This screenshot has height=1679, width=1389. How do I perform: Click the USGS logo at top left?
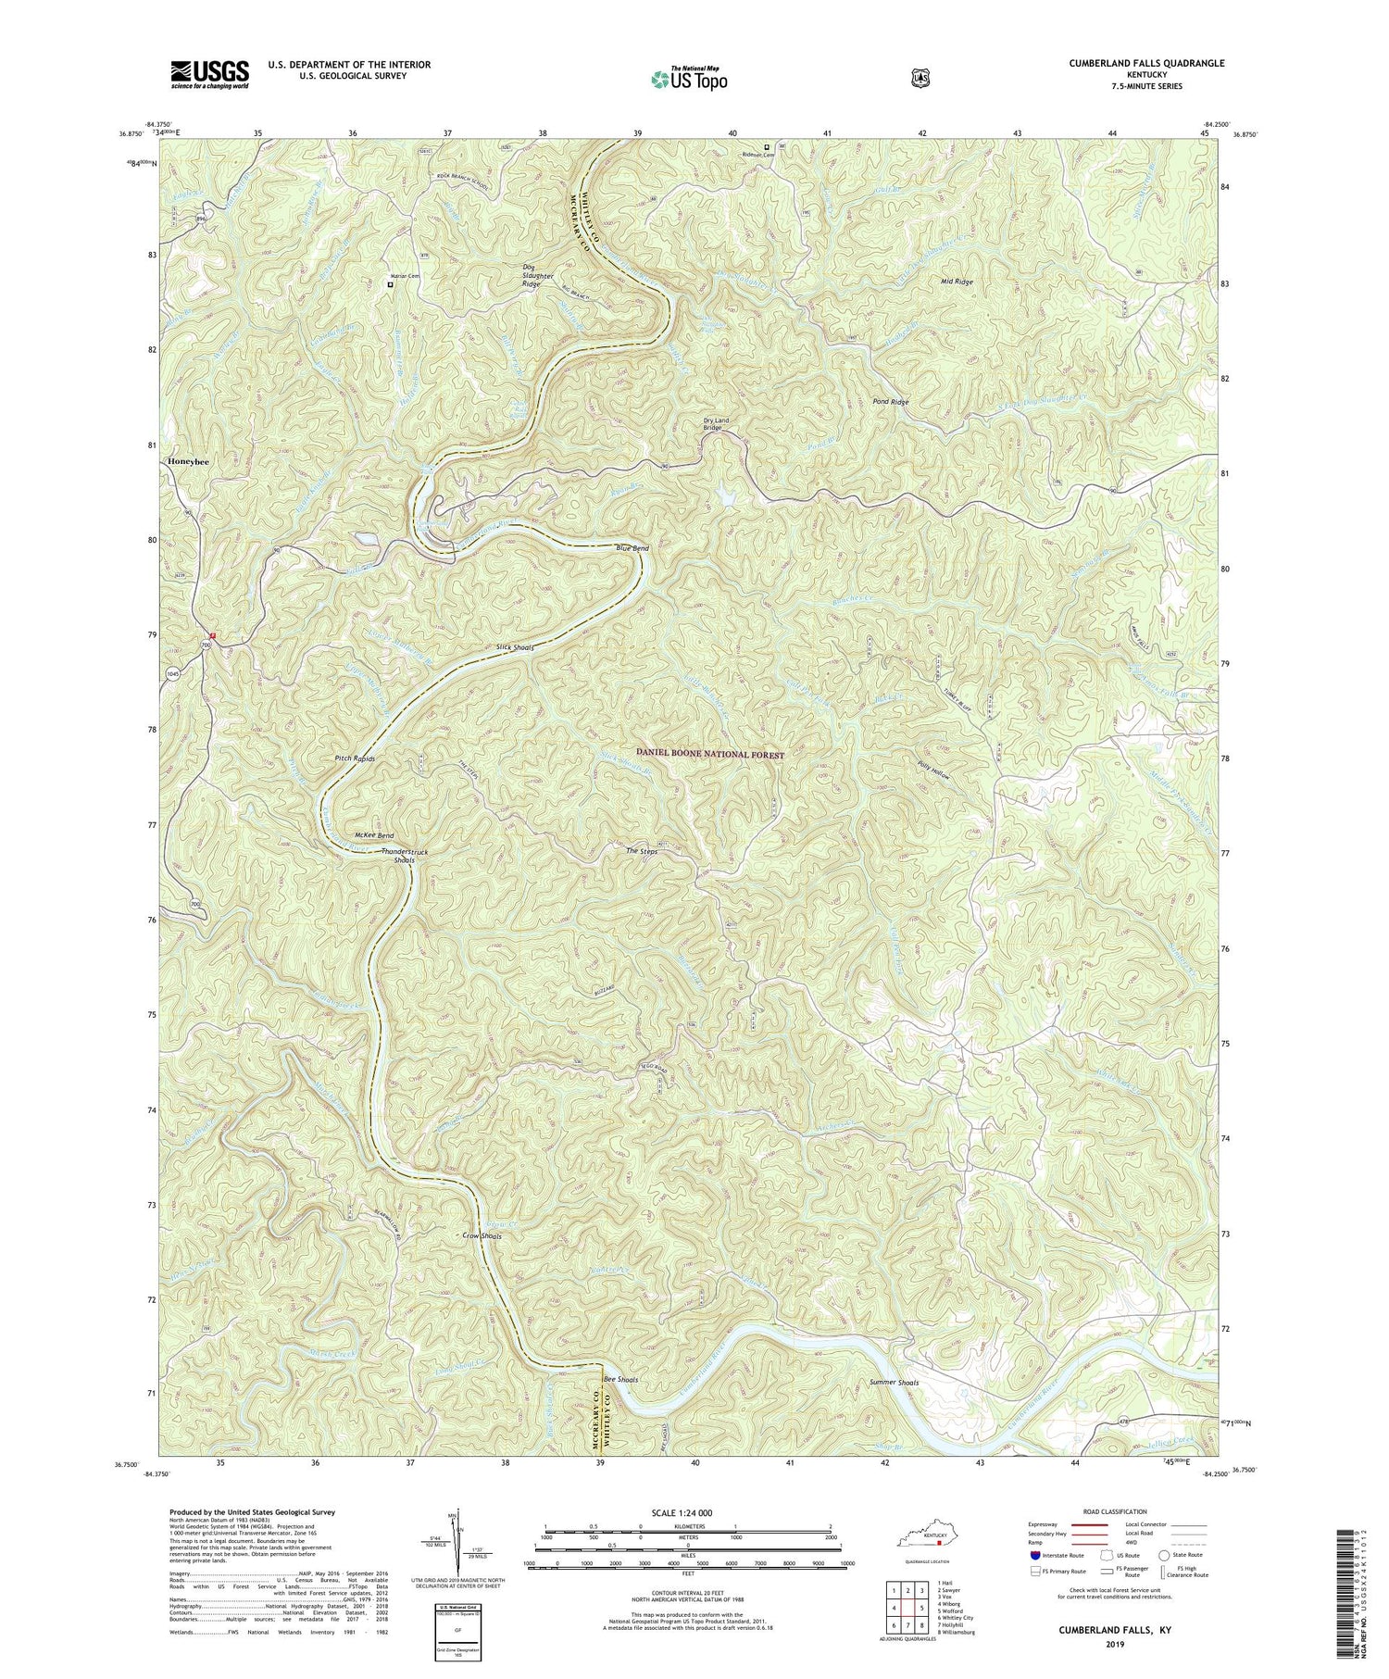210,73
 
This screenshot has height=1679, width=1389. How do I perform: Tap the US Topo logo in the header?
689,79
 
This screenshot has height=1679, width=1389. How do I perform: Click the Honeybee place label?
188,461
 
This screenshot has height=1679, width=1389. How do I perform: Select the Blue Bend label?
632,548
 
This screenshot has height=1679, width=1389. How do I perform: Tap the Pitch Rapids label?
355,758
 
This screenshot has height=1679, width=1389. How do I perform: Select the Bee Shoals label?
619,1379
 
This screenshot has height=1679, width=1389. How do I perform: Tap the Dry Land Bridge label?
716,424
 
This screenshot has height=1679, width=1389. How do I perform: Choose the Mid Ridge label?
957,281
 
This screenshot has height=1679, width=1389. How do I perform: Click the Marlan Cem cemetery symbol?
390,284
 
